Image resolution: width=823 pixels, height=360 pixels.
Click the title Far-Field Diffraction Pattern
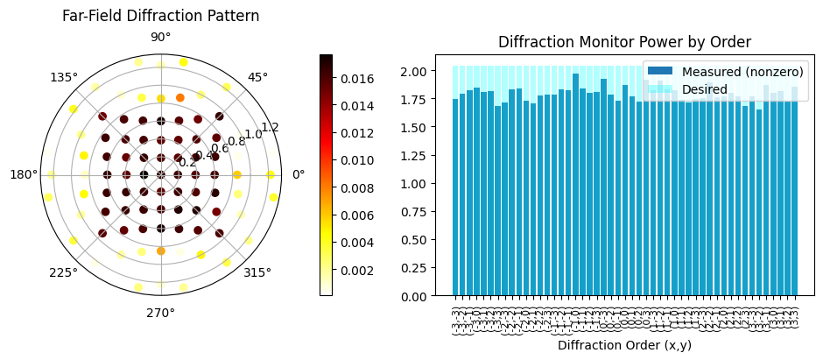pos(160,16)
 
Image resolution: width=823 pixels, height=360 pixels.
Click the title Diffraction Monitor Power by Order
pos(624,42)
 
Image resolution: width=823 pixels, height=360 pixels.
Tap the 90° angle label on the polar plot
pos(160,37)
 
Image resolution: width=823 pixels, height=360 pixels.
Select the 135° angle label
pos(65,77)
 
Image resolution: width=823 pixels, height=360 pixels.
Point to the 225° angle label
pos(63,272)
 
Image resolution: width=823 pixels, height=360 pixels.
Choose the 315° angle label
pos(258,272)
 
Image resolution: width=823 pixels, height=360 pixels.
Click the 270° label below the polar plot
pos(160,312)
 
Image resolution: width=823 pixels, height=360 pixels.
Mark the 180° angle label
pos(24,174)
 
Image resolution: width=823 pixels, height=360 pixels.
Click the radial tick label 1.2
pos(269,127)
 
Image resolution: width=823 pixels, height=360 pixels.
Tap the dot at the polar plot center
pos(160,174)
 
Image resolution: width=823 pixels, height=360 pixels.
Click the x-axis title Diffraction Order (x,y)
pos(624,345)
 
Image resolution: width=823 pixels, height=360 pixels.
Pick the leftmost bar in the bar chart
pos(455,198)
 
